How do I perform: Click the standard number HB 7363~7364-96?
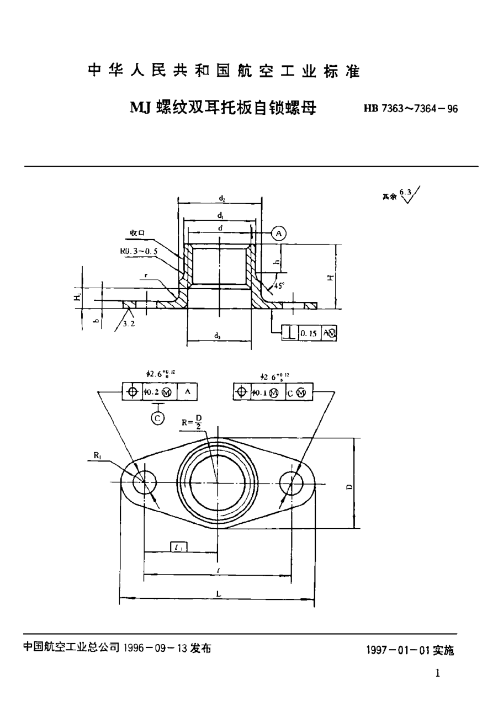click(410, 109)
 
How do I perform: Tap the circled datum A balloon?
click(279, 234)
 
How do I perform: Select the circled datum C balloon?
click(157, 418)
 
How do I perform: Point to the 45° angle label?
click(280, 286)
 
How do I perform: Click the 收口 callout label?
click(137, 233)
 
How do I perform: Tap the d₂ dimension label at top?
click(221, 198)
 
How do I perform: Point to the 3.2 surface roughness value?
click(129, 324)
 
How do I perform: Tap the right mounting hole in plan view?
click(292, 482)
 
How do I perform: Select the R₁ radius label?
click(97, 455)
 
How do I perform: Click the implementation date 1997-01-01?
click(409, 651)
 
